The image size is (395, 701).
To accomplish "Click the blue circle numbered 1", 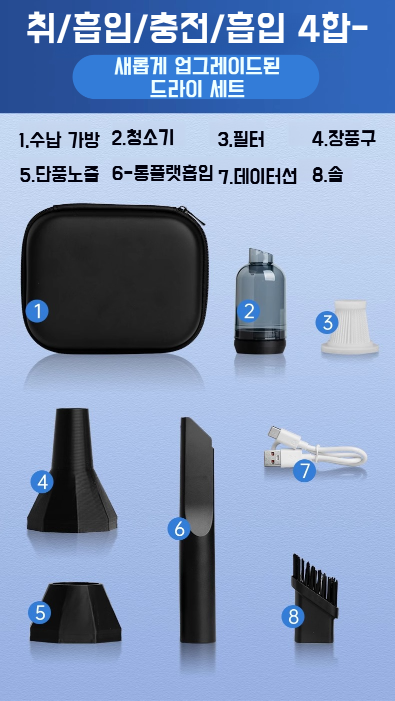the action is point(37,311).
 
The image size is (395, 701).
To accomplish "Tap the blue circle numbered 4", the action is point(42,482).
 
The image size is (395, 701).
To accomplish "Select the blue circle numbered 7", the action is point(304,470).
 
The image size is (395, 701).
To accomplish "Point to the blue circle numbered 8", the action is point(293,616).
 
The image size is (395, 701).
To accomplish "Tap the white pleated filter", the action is point(350,327).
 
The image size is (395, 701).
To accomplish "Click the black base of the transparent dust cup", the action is point(260,346).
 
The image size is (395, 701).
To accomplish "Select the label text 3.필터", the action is point(241,139).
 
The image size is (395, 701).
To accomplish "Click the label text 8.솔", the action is point(327,174).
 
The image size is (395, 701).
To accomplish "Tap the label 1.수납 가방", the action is point(59,140).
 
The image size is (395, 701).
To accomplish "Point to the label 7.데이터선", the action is point(257,176).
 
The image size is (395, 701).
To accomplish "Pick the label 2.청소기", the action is point(142,138).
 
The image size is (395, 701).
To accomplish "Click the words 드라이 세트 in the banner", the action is point(197,88).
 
